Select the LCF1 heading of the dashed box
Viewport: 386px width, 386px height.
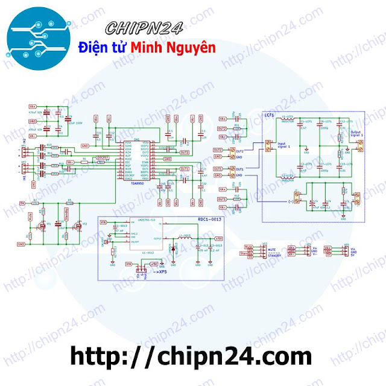tap(269, 114)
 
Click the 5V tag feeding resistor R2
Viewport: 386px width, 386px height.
tap(22, 203)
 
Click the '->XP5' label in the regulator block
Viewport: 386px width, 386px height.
tap(160, 273)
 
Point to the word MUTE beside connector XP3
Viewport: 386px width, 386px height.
tap(272, 248)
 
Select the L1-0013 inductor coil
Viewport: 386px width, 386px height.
tap(185, 239)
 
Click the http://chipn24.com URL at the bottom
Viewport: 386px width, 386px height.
tap(191, 356)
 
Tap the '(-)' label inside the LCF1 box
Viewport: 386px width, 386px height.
tap(292, 200)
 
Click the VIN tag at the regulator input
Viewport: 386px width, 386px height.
tap(103, 223)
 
